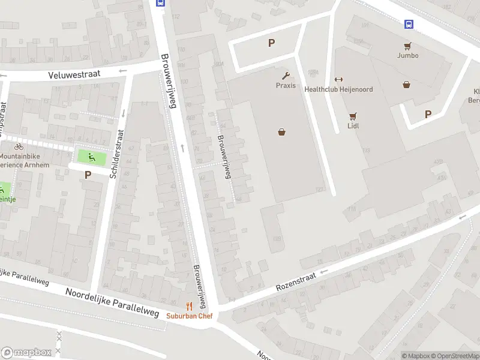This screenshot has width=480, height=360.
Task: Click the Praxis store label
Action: click(x=286, y=85)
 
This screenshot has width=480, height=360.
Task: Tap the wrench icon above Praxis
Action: click(x=286, y=75)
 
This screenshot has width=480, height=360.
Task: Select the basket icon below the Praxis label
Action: click(x=281, y=132)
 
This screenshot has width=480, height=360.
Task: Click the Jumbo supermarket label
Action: click(x=407, y=55)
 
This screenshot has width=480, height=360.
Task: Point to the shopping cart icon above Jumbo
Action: click(x=407, y=45)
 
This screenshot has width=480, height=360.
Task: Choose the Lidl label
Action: click(x=353, y=126)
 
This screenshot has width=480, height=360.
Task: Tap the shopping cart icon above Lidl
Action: click(x=353, y=116)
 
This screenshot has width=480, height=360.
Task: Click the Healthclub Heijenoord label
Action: click(x=338, y=89)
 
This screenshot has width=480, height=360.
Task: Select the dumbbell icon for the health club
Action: click(x=338, y=79)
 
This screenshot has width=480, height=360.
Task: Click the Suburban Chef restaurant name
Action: click(x=189, y=316)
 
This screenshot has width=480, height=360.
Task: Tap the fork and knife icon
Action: click(x=189, y=305)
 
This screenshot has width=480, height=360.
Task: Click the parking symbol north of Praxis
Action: click(x=271, y=43)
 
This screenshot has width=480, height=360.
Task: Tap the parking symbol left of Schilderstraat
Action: click(x=88, y=175)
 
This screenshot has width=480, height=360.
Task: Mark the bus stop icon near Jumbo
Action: click(x=409, y=24)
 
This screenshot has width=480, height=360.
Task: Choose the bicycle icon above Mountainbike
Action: click(x=19, y=146)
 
